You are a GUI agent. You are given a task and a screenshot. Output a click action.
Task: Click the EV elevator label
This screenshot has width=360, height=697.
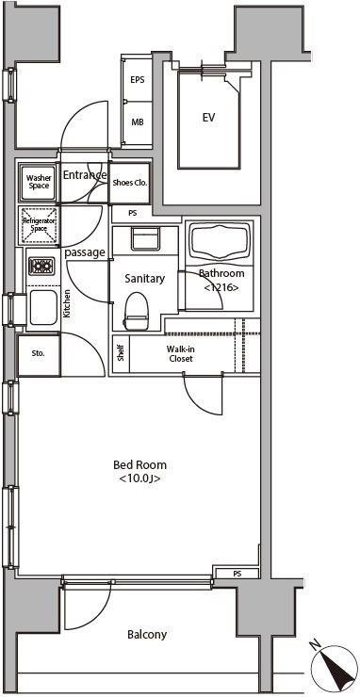click(x=208, y=118)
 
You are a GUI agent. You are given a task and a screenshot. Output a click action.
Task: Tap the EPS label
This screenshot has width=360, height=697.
click(x=137, y=80)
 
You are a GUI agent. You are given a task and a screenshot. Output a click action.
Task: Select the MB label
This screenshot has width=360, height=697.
click(x=137, y=122)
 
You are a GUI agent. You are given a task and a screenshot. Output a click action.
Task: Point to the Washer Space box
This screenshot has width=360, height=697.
click(x=39, y=182)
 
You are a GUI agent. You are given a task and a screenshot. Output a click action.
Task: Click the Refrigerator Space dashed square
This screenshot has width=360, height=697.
click(x=39, y=225)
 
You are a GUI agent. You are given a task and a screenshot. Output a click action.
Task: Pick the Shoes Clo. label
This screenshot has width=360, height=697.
click(x=130, y=182)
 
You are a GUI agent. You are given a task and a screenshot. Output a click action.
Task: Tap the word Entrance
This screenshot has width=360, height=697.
click(x=85, y=174)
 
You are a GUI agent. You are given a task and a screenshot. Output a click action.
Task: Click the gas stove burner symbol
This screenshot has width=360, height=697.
click(x=41, y=266)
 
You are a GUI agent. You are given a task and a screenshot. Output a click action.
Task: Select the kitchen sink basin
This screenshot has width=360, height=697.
click(x=42, y=307)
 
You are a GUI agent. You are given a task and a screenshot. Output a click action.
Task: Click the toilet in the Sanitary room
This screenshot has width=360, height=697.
click(x=135, y=311)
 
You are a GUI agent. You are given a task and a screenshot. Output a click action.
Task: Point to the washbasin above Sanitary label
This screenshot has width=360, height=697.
click(x=144, y=238)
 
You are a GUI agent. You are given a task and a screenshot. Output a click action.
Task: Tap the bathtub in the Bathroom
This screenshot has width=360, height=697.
click(x=221, y=243)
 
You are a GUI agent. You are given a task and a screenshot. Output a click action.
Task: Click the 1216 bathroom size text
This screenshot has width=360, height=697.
click(x=221, y=287)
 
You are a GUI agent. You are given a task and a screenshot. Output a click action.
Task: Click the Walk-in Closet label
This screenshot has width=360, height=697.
click(x=180, y=353)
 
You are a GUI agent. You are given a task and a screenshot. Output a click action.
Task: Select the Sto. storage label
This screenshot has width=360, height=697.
click(x=39, y=354)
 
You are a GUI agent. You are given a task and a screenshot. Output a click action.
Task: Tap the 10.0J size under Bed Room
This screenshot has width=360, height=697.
click(x=139, y=478)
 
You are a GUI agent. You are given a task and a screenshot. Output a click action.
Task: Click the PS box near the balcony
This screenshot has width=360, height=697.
click(x=237, y=574)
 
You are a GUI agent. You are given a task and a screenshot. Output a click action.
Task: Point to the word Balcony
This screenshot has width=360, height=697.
click(x=147, y=634)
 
